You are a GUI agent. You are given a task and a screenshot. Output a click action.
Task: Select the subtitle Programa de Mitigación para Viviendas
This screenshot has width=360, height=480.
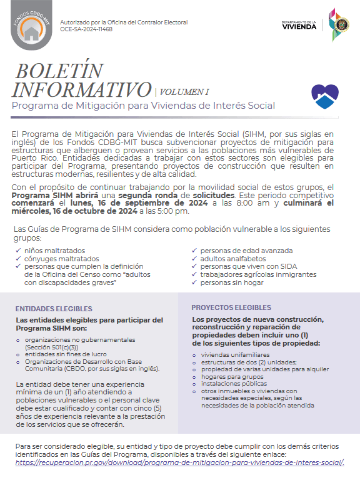click(143, 105)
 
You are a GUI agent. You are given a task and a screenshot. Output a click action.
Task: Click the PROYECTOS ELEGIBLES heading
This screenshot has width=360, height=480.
click(231, 307)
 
